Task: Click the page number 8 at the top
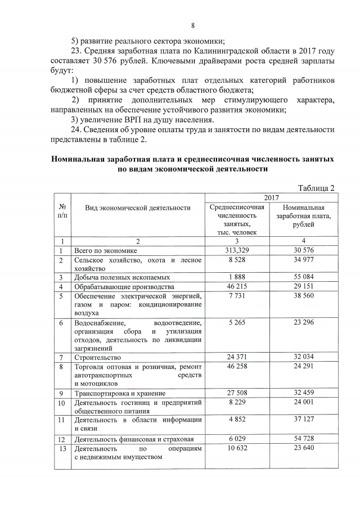[x=192, y=25]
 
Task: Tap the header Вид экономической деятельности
[x=138, y=208]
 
